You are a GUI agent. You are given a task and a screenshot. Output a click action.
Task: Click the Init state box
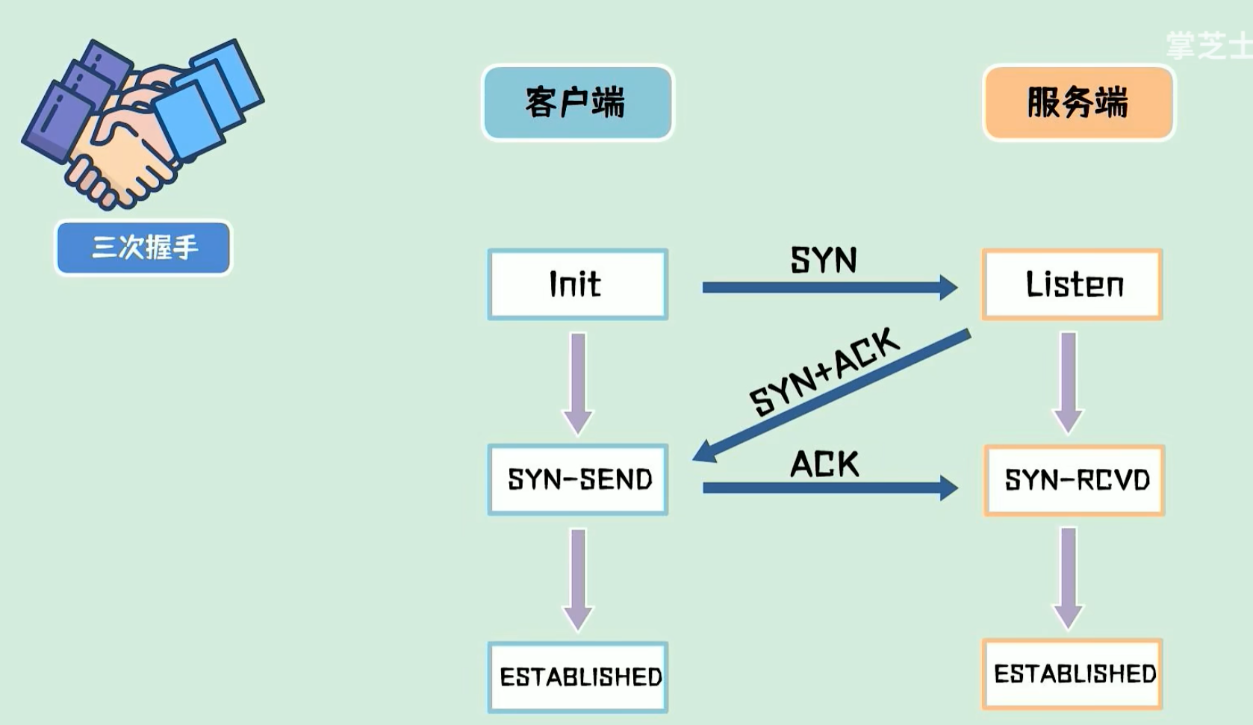click(x=577, y=284)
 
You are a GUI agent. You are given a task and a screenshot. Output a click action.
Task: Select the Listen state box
click(x=1072, y=284)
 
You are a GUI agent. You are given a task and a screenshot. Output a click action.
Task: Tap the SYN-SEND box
click(x=577, y=479)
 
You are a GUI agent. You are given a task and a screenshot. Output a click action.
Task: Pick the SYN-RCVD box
click(x=1074, y=480)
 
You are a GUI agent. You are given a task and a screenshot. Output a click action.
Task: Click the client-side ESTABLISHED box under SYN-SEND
click(x=577, y=676)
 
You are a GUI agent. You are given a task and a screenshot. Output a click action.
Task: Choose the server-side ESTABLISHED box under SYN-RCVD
click(x=1072, y=673)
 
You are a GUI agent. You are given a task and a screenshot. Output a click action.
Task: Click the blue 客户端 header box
click(x=577, y=102)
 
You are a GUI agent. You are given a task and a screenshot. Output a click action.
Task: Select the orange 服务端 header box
click(x=1078, y=102)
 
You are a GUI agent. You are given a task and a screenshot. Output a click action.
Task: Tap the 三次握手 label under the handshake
click(x=143, y=247)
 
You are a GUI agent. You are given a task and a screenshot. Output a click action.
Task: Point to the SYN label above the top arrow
click(x=824, y=260)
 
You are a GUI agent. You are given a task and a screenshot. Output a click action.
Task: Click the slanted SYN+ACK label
click(x=824, y=371)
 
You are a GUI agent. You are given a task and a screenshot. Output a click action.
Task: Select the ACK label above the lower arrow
click(x=824, y=464)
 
